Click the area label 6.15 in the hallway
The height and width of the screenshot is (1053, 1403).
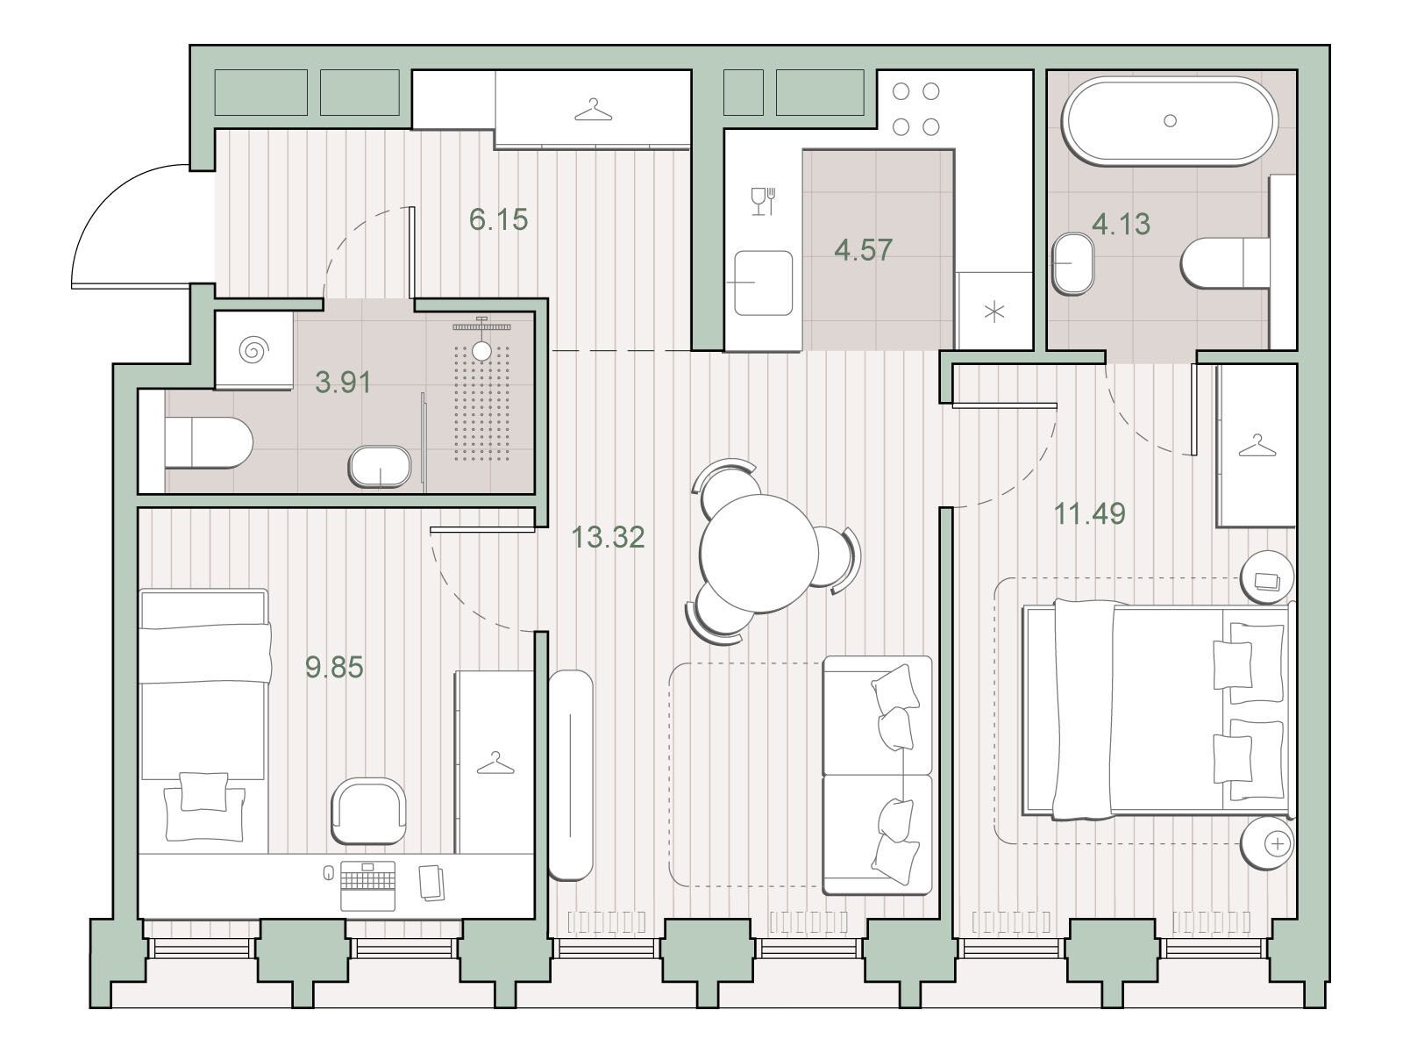click(499, 219)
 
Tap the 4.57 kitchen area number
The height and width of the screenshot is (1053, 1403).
click(863, 249)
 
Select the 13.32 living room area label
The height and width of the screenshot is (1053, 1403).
click(608, 537)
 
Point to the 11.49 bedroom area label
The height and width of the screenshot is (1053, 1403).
click(1089, 512)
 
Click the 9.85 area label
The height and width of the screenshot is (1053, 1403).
click(334, 667)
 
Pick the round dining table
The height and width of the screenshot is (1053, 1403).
click(759, 554)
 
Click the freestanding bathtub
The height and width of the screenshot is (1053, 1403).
click(1170, 121)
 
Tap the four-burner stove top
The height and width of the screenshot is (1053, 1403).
click(915, 110)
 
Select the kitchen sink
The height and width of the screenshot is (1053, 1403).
click(763, 283)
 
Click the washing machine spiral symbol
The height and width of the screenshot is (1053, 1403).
click(253, 350)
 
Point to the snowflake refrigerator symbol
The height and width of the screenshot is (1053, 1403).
click(993, 312)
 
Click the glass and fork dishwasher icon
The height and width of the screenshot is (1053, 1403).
click(763, 201)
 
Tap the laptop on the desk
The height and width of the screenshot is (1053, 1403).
click(367, 885)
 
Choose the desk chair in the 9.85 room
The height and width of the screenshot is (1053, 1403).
click(369, 811)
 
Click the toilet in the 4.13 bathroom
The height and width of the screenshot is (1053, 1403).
click(1225, 262)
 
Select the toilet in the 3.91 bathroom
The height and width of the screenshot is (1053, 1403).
click(209, 442)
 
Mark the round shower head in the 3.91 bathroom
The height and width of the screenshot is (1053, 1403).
click(481, 350)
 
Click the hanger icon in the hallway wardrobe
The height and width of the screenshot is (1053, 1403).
click(593, 110)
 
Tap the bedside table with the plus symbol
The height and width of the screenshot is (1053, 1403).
click(1267, 843)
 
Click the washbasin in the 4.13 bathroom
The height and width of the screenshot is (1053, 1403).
click(1072, 263)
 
